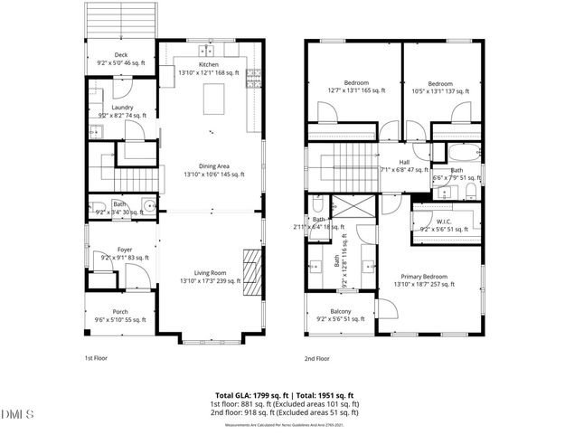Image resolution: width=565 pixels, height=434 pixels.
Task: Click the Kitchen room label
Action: (209, 65)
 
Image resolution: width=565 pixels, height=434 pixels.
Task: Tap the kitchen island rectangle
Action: (215, 99)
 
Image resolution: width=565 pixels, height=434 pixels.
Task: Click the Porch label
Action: (121, 316)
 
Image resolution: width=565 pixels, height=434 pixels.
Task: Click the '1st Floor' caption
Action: (95, 359)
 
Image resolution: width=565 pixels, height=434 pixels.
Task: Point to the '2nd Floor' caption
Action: (317, 359)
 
